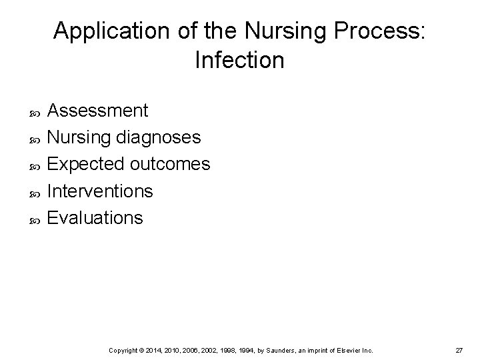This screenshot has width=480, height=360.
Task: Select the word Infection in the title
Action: [240, 61]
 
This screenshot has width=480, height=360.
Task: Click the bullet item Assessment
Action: [99, 110]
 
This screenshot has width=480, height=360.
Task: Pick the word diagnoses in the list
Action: [158, 137]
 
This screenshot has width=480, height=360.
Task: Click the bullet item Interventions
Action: [101, 191]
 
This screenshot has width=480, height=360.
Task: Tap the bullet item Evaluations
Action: [95, 218]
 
